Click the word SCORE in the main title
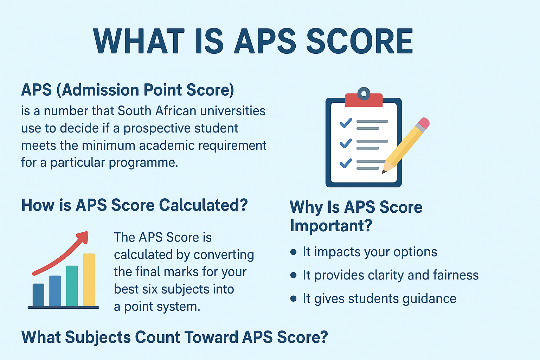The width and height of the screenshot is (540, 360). pos(360,41)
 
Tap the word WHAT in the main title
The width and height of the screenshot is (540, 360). pos(139,41)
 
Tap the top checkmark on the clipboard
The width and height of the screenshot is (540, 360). pos(346,123)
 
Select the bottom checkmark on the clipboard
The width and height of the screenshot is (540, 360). pos(346,163)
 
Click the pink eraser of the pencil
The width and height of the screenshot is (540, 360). pos(424,123)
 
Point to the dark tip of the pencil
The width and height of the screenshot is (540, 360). pos(384,172)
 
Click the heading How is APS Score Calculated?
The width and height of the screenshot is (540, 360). pos(135,205)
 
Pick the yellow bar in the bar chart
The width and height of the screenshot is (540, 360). pos(89,280)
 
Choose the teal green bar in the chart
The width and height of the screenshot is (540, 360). pos(72,286)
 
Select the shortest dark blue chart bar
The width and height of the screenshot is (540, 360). pos(38,295)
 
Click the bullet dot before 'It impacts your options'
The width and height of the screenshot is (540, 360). pos(294,252)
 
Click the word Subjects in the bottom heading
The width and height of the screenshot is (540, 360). pos(98,337)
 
